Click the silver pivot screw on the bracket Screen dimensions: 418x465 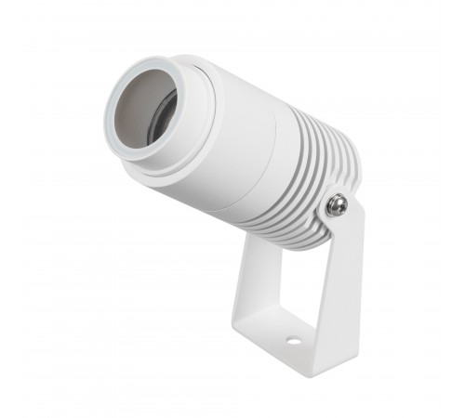(338, 205)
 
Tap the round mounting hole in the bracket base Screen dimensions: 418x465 (293, 341)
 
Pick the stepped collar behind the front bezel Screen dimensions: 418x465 (191, 121)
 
